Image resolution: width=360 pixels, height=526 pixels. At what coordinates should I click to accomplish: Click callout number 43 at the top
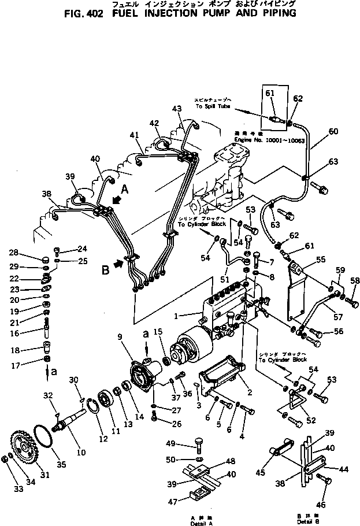pyautogui.click(x=176, y=108)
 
